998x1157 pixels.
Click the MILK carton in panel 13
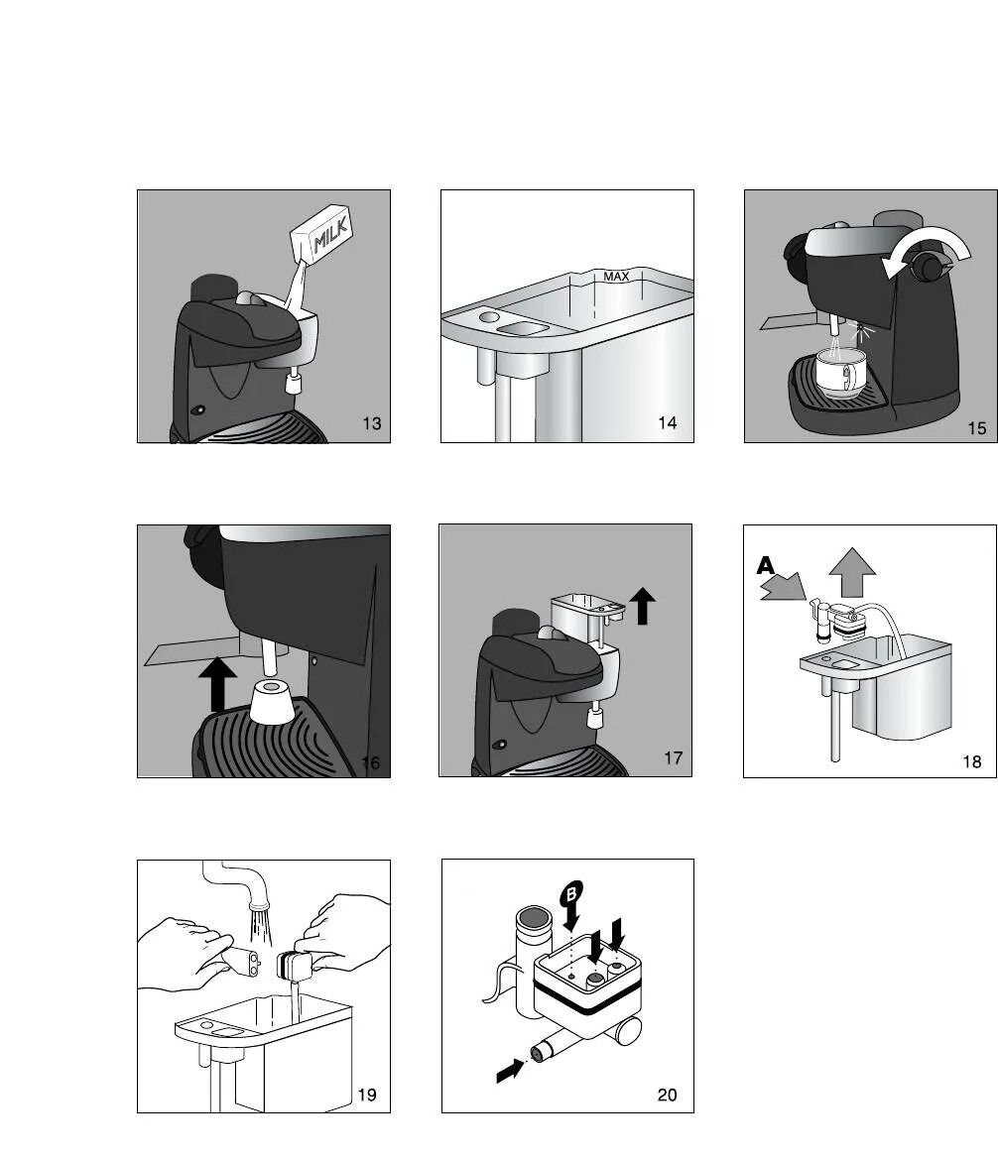click(321, 232)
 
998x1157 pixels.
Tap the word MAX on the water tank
click(616, 277)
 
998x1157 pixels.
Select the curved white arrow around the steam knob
click(928, 247)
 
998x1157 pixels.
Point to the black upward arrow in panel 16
click(218, 684)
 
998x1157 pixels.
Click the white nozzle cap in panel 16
click(273, 701)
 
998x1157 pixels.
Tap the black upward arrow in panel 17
click(642, 605)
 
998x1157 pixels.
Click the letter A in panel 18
click(766, 566)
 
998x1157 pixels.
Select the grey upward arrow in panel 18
click(852, 572)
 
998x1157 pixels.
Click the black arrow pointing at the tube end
click(510, 1070)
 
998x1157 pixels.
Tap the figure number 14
click(668, 422)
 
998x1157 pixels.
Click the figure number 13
click(372, 423)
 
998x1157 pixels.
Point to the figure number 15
click(976, 428)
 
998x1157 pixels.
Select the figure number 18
click(972, 761)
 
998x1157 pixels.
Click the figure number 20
click(668, 1095)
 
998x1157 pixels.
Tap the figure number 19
click(367, 1095)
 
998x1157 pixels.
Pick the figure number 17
click(674, 757)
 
